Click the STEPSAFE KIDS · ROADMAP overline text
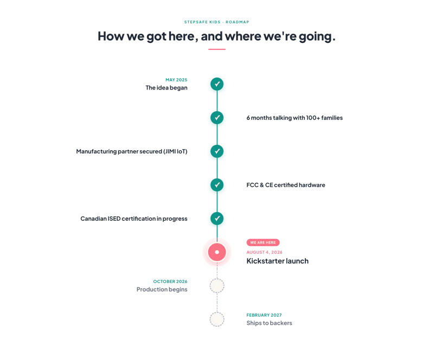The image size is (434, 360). pyautogui.click(x=216, y=22)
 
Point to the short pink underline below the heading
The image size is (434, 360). pyautogui.click(x=217, y=49)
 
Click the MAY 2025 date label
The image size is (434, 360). pyautogui.click(x=176, y=80)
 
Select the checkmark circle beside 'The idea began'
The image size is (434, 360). pyautogui.click(x=217, y=84)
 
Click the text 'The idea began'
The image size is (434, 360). pyautogui.click(x=167, y=88)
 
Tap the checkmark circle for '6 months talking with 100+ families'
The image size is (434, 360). pyautogui.click(x=217, y=118)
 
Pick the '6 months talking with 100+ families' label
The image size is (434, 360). pyautogui.click(x=295, y=118)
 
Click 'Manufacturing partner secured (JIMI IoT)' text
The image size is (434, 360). pyautogui.click(x=132, y=151)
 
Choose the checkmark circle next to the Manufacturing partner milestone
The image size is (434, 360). pyautogui.click(x=217, y=151)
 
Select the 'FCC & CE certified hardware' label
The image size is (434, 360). pyautogui.click(x=286, y=185)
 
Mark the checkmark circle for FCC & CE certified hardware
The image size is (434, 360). pyautogui.click(x=217, y=185)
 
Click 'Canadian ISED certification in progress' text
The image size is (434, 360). pyautogui.click(x=134, y=218)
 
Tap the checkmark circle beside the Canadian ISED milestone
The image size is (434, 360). pyautogui.click(x=217, y=218)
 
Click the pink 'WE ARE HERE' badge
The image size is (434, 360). pyautogui.click(x=263, y=242)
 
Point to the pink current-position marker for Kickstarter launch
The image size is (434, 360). pyautogui.click(x=217, y=252)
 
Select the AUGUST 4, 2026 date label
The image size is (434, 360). pyautogui.click(x=264, y=252)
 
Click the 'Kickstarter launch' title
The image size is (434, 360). pyautogui.click(x=277, y=261)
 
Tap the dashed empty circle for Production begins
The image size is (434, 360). pyautogui.click(x=217, y=279)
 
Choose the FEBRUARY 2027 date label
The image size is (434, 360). pyautogui.click(x=264, y=315)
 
